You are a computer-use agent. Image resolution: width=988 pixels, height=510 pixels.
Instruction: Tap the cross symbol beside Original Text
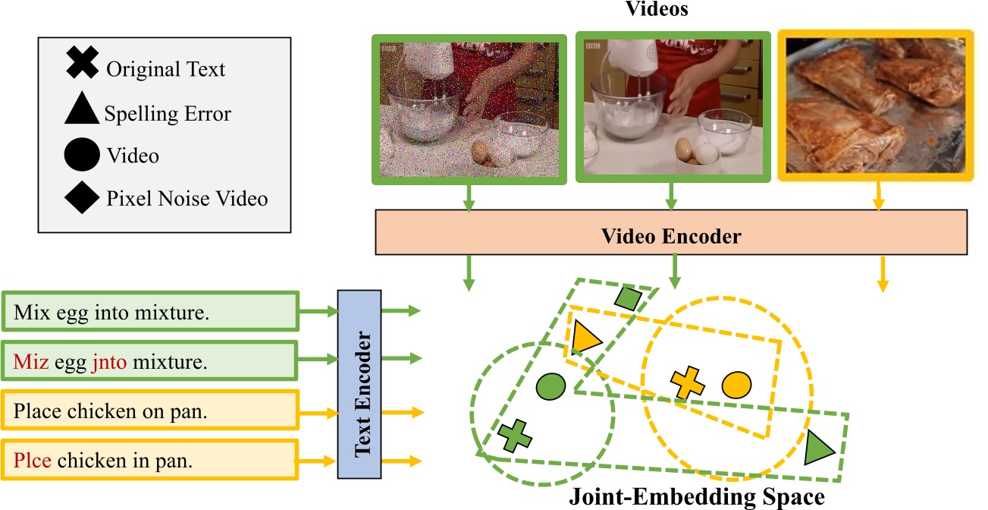[82, 62]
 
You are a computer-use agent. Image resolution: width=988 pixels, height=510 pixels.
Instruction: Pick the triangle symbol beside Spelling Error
[82, 109]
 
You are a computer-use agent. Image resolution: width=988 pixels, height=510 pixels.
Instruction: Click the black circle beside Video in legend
[82, 155]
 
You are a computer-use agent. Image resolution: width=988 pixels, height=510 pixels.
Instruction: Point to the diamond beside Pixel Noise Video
[82, 198]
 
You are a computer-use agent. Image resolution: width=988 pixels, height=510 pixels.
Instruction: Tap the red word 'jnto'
[109, 362]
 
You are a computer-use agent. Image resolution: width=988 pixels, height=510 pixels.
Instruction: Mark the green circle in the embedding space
[551, 387]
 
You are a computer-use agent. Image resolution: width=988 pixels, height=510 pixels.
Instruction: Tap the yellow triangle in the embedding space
[586, 336]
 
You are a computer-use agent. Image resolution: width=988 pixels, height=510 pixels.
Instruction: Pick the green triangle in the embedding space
[819, 447]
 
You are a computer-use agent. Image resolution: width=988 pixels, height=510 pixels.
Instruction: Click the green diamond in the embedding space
[629, 298]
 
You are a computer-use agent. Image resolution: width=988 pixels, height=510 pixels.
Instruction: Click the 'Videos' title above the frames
[655, 9]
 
